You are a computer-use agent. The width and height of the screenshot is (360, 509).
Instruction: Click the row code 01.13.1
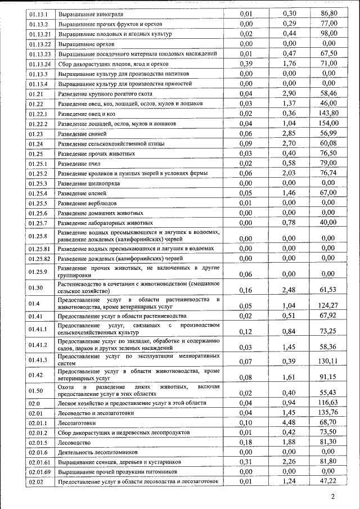point(38,13)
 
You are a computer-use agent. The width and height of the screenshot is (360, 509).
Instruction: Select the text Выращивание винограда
point(90,13)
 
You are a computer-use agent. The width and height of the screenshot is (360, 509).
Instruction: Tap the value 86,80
point(328,13)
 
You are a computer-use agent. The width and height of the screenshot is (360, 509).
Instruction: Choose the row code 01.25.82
point(40,258)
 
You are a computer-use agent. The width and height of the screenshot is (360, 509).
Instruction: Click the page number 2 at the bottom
point(332,497)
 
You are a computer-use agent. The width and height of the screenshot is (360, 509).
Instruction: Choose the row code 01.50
point(35,390)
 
